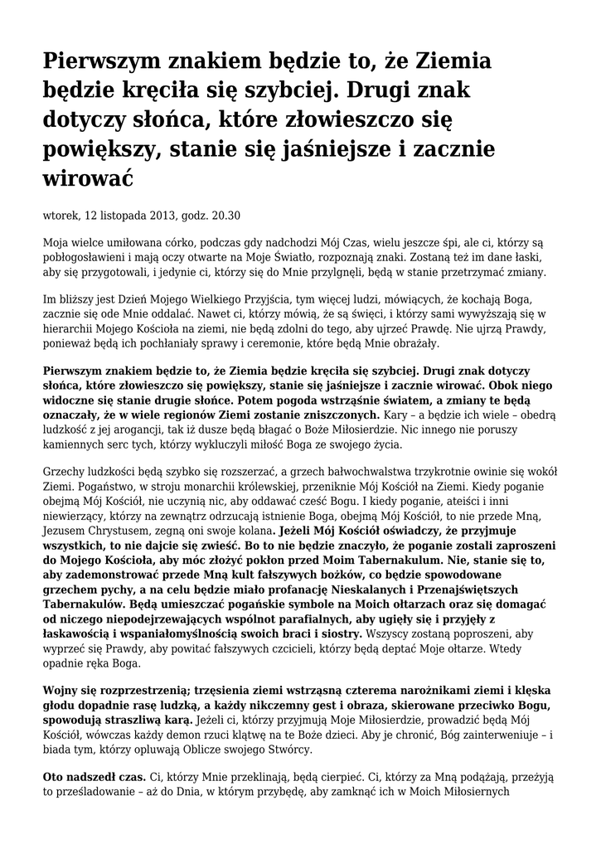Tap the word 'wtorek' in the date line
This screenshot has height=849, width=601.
pos(61,216)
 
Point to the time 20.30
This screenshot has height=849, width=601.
pos(225,216)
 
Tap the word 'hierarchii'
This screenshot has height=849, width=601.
pos(69,328)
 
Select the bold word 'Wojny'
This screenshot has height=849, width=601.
pos(61,691)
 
